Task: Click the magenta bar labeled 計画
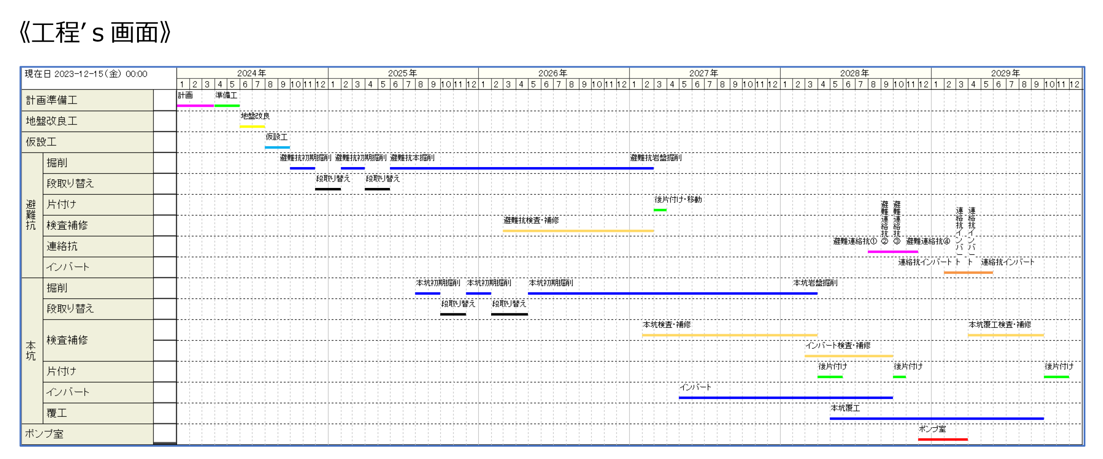pyautogui.click(x=195, y=105)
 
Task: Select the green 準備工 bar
pyautogui.click(x=227, y=105)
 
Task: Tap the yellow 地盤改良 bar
pyautogui.click(x=252, y=126)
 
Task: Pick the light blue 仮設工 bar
pyautogui.click(x=277, y=147)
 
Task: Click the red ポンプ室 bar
pyautogui.click(x=942, y=439)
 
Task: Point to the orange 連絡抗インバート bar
pyautogui.click(x=968, y=272)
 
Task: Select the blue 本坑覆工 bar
pyautogui.click(x=936, y=418)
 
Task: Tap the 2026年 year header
pyautogui.click(x=552, y=73)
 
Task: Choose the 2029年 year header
pyautogui.click(x=1005, y=73)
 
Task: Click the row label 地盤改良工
pyautogui.click(x=51, y=121)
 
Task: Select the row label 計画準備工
pyautogui.click(x=51, y=100)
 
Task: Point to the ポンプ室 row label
pyautogui.click(x=44, y=434)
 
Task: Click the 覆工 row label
pyautogui.click(x=57, y=413)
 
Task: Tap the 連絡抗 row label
pyautogui.click(x=62, y=246)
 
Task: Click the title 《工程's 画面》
pyautogui.click(x=95, y=33)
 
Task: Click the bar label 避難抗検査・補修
pyautogui.click(x=531, y=220)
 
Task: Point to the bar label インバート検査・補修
pyautogui.click(x=837, y=345)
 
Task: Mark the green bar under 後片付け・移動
pyautogui.click(x=660, y=210)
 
